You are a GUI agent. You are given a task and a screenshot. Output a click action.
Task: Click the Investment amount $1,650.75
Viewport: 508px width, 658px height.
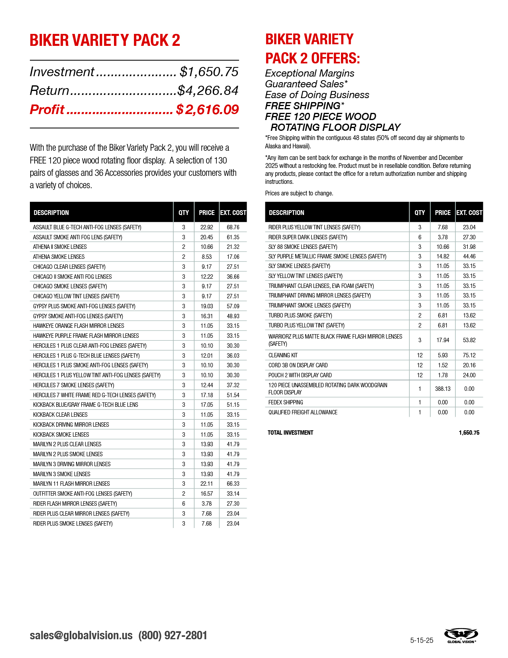tap(209, 72)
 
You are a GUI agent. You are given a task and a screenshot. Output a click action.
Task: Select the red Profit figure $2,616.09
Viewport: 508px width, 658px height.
tap(207, 109)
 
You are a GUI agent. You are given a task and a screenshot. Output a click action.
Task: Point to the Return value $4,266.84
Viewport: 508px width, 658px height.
tap(208, 91)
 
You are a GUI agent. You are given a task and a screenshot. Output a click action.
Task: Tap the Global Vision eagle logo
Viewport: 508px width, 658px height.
tap(461, 635)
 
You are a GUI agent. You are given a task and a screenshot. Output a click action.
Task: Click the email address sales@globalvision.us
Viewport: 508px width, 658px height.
tap(81, 635)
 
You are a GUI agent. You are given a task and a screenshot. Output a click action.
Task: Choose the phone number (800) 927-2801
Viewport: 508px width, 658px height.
tap(173, 635)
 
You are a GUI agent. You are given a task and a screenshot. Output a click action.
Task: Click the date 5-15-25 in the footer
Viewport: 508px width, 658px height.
tap(422, 640)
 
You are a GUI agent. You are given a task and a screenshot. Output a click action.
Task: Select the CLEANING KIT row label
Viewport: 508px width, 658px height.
tap(283, 355)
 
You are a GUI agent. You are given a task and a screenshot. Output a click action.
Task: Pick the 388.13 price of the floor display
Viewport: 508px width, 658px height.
tap(443, 389)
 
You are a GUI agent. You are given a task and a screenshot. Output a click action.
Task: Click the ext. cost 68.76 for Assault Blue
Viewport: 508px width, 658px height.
tap(233, 227)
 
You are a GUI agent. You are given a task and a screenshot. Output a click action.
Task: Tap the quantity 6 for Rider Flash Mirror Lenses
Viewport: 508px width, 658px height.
tap(184, 504)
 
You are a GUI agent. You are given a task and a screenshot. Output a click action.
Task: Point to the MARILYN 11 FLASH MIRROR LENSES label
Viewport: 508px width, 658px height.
tap(71, 484)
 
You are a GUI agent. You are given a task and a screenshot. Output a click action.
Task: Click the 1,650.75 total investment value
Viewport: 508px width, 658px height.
tap(469, 433)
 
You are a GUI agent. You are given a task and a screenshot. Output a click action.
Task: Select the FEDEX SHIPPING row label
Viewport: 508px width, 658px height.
tap(286, 402)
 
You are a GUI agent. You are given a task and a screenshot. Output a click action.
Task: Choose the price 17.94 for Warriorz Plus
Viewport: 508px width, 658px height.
tap(443, 340)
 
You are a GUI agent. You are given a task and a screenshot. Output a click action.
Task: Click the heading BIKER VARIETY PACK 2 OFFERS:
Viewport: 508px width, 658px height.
tap(313, 49)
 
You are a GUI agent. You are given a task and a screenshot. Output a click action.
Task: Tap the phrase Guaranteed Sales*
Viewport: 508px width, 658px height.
tap(306, 84)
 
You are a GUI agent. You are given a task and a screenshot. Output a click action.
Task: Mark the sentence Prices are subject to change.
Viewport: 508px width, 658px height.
tap(299, 193)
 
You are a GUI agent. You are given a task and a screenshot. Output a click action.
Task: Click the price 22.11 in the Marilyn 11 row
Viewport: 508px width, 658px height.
tap(206, 484)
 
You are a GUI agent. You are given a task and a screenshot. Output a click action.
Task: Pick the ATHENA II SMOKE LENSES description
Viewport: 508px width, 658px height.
tap(60, 247)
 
